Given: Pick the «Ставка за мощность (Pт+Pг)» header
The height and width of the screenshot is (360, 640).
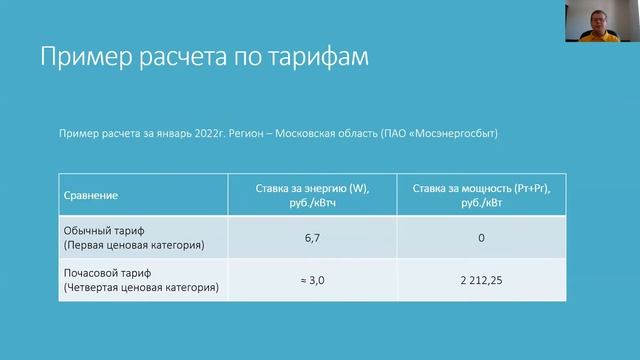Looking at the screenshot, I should point(481,188).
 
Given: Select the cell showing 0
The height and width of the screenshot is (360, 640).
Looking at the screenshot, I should point(481,238).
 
